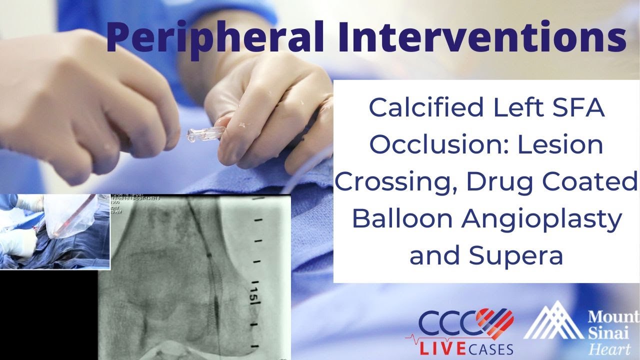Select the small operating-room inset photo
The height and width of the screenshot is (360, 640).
point(54,231)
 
